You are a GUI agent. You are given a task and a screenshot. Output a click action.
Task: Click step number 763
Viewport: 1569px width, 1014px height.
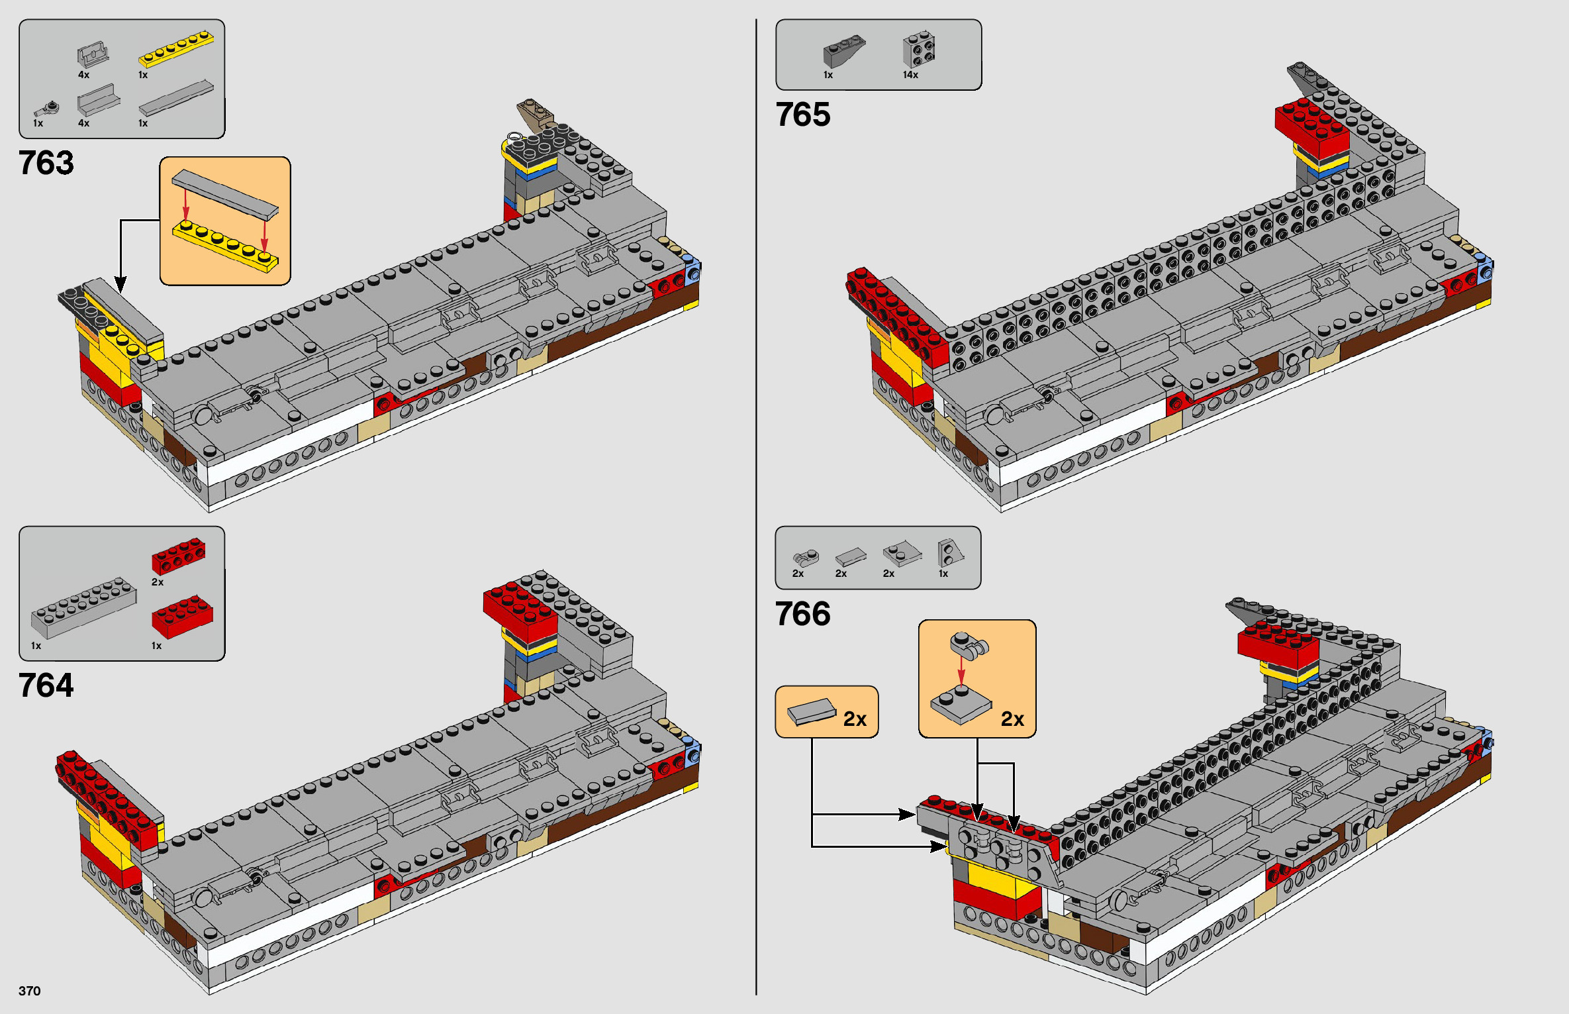pyautogui.click(x=46, y=163)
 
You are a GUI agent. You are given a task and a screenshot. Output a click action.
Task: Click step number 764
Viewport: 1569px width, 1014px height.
pyautogui.click(x=46, y=685)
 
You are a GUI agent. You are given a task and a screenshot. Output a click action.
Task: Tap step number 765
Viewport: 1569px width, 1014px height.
pyautogui.click(x=802, y=115)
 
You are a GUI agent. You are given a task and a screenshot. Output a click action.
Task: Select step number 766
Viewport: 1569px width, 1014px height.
pyautogui.click(x=802, y=614)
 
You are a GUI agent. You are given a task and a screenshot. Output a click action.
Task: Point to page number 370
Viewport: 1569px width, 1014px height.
pyautogui.click(x=30, y=991)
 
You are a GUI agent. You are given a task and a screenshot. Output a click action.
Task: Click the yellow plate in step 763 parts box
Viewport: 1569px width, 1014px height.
pyautogui.click(x=175, y=50)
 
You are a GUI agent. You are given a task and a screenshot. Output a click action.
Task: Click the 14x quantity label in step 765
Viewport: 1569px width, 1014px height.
pyautogui.click(x=910, y=75)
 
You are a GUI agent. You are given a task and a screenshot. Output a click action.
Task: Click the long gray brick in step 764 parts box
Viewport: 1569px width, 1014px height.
pyautogui.click(x=83, y=607)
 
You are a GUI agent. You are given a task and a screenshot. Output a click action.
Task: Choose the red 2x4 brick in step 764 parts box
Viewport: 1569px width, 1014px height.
pyautogui.click(x=182, y=617)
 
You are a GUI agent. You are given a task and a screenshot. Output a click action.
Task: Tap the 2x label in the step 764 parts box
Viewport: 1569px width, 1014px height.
pyautogui.click(x=158, y=582)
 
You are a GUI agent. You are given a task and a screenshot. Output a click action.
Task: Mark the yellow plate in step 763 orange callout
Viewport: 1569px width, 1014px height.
pyautogui.click(x=225, y=245)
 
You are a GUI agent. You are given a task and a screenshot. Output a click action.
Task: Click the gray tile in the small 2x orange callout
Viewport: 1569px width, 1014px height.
pyautogui.click(x=811, y=712)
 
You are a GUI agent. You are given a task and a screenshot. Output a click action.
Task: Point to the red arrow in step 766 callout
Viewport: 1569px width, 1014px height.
pyautogui.click(x=961, y=671)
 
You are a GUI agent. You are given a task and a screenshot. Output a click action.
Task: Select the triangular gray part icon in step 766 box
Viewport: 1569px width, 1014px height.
pyautogui.click(x=949, y=552)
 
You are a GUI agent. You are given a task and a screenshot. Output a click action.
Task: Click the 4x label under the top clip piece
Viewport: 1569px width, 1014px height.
pyautogui.click(x=83, y=75)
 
